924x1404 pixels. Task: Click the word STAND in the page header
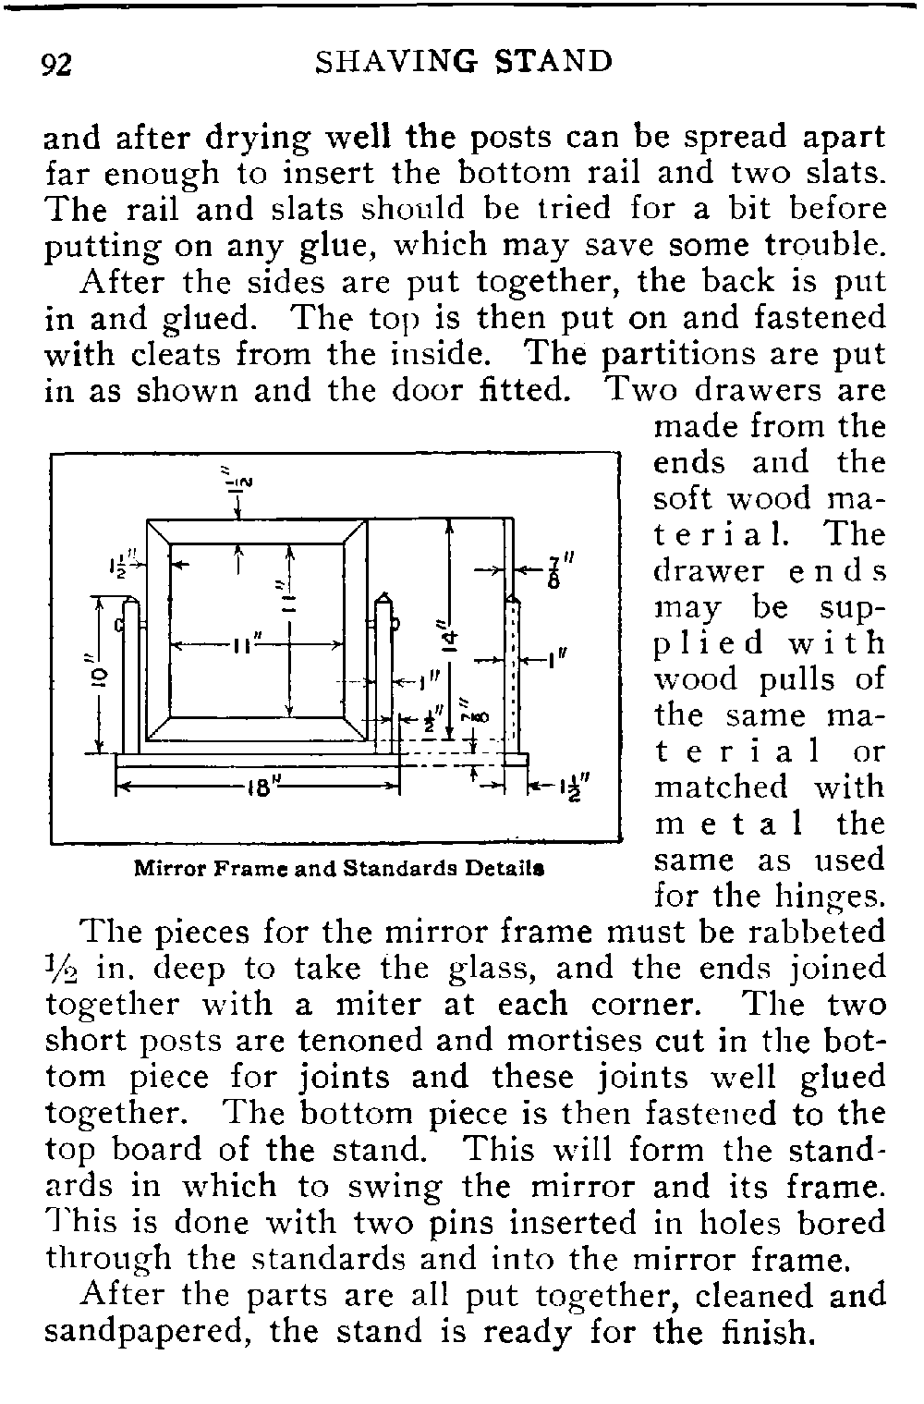click(554, 63)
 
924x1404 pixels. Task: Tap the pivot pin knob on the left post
click(118, 625)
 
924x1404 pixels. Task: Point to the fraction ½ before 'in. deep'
click(65, 969)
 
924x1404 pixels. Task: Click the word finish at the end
click(759, 1332)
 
